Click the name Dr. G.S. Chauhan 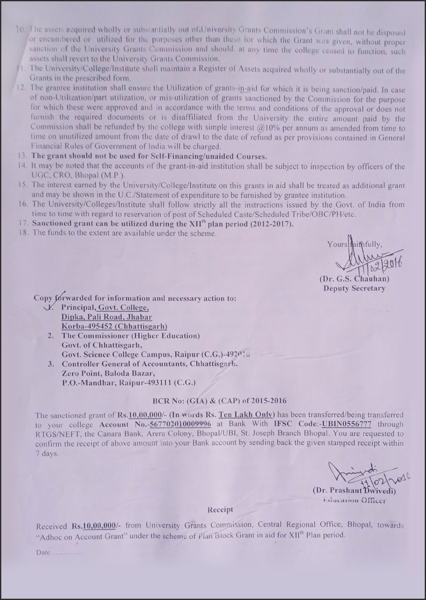click(354, 280)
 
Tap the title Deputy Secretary click(354, 288)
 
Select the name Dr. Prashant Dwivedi click(354, 490)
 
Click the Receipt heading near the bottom click(220, 510)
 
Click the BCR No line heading click(219, 401)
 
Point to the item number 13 click(23, 156)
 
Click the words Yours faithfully click(354, 244)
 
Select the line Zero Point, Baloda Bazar click(107, 373)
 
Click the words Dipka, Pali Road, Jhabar click(106, 317)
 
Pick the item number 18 click(23, 233)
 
